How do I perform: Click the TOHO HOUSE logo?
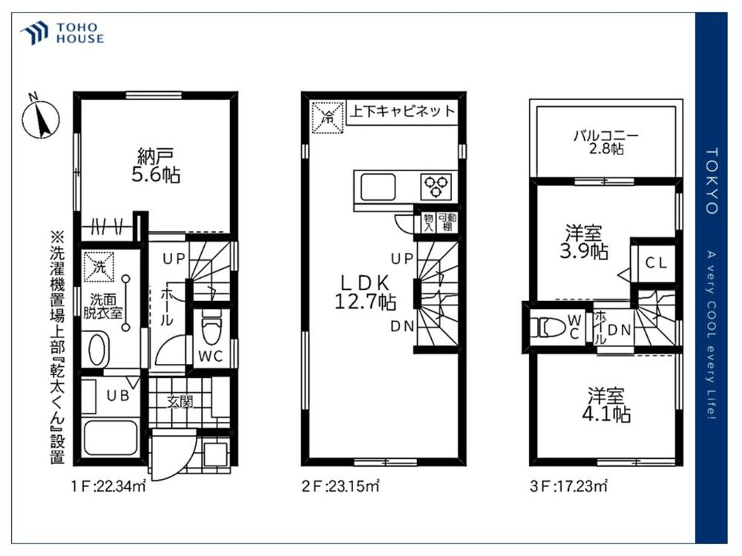click(62, 33)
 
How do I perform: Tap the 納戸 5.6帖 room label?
click(156, 165)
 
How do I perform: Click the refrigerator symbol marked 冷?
click(327, 118)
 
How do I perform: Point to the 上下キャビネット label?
click(402, 112)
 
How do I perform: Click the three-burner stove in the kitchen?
click(436, 186)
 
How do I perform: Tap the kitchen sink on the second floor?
click(378, 187)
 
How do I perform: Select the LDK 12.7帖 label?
click(365, 292)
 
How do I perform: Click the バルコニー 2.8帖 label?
click(606, 142)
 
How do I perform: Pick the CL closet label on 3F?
click(657, 263)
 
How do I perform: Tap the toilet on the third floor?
click(548, 327)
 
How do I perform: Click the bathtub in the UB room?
click(111, 437)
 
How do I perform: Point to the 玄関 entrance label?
click(180, 402)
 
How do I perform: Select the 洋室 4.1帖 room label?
click(606, 404)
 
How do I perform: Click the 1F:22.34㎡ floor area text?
click(108, 486)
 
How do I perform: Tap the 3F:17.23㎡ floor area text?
click(568, 486)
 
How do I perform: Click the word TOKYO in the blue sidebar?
click(712, 181)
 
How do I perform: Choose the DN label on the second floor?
click(402, 326)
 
